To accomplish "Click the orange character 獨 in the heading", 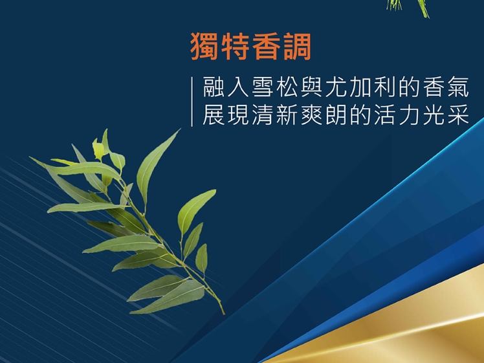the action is point(204,47).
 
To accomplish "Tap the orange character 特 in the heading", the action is point(236,47).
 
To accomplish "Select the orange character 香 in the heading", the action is point(266,47).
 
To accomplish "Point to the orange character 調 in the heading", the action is point(296,47).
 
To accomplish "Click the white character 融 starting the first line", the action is point(214,87).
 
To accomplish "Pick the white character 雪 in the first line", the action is point(263,87).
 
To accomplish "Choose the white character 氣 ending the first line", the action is point(458,87).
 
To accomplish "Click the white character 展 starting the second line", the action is point(214,115).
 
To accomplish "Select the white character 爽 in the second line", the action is point(311,115).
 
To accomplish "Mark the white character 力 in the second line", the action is point(410,115).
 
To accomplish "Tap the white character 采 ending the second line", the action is point(458,115).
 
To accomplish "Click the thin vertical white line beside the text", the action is point(192,102).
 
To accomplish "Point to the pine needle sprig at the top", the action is point(408,8).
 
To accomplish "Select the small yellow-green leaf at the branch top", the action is point(98,149).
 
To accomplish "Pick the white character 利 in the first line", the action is point(385,87).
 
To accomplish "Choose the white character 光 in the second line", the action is point(434,115).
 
